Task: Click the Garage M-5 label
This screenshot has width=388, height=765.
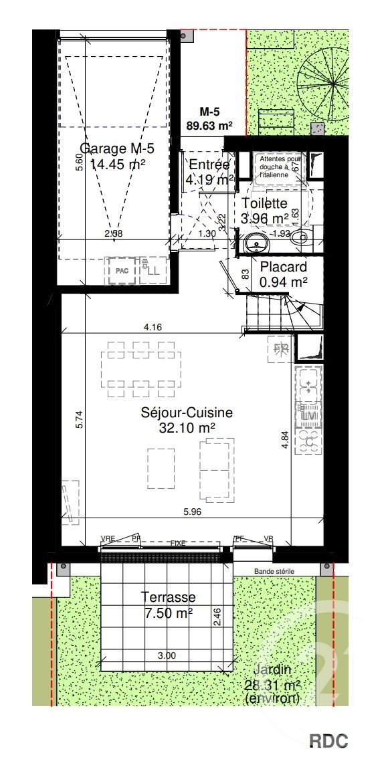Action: pyautogui.click(x=117, y=148)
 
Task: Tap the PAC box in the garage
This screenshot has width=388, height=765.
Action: pyautogui.click(x=121, y=271)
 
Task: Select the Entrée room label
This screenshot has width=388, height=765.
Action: pyautogui.click(x=209, y=165)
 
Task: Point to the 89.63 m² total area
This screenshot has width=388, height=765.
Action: pyautogui.click(x=208, y=124)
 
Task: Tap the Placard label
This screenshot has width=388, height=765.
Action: pyautogui.click(x=283, y=267)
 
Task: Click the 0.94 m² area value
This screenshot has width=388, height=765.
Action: pyautogui.click(x=283, y=282)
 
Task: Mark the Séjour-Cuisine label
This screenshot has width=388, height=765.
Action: pyautogui.click(x=187, y=413)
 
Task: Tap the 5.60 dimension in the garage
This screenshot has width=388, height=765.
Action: pyautogui.click(x=79, y=162)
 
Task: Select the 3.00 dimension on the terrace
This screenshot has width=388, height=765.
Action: pyautogui.click(x=167, y=656)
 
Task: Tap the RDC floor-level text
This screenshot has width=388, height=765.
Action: pyautogui.click(x=328, y=741)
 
